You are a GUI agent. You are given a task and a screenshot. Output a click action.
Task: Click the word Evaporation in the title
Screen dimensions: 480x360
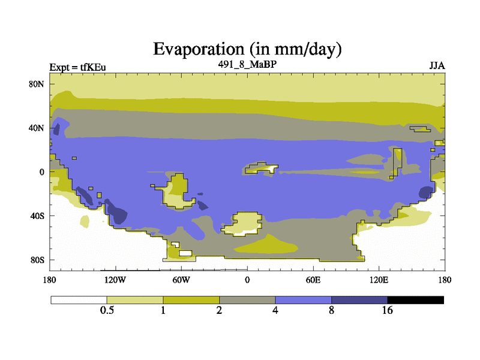199,49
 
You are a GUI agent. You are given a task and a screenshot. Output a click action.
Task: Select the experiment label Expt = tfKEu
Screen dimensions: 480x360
78,67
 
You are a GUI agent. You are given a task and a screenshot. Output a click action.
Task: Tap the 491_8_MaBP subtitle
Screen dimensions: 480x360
247,64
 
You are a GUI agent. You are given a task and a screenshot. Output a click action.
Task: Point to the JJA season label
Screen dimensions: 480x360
437,66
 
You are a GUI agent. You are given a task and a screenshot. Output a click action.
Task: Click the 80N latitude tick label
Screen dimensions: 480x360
37,84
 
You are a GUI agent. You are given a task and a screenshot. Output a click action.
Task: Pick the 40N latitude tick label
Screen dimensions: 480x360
37,128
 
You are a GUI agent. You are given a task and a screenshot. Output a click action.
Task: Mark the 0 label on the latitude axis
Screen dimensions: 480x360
41,172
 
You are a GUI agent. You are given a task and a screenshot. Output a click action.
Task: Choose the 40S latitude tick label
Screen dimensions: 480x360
37,216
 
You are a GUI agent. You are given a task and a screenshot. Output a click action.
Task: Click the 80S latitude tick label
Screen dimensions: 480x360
37,260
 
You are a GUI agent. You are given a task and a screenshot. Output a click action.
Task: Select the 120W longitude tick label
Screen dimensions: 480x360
115,280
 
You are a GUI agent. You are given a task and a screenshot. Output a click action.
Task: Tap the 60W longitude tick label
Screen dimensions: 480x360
181,280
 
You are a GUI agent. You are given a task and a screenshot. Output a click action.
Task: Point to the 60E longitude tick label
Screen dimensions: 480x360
313,280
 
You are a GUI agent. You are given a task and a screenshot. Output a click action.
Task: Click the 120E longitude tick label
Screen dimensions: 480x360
379,280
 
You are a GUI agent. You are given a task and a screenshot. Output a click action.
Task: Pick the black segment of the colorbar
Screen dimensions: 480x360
415,300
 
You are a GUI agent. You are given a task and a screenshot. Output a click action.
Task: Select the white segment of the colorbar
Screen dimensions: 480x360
79,300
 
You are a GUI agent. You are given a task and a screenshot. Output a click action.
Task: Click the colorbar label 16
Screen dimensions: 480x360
387,310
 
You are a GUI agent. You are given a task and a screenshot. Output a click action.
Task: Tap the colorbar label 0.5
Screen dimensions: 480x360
107,310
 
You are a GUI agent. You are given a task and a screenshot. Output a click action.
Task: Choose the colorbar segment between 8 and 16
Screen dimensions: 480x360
359,300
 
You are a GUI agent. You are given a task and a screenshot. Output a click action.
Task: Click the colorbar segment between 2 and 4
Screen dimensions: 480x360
247,300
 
